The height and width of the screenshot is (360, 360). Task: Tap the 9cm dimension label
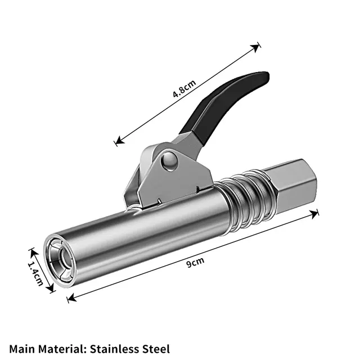coord(196,260)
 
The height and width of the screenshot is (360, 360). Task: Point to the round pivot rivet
coord(167,161)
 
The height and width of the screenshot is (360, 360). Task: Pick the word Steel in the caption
coord(155,349)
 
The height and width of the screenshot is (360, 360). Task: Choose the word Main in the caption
coord(21,349)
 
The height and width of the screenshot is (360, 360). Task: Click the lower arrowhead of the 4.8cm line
coord(117,144)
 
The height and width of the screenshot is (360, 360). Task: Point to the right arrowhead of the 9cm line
coord(317,213)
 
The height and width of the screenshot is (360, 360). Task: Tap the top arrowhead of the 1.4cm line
coord(30,249)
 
